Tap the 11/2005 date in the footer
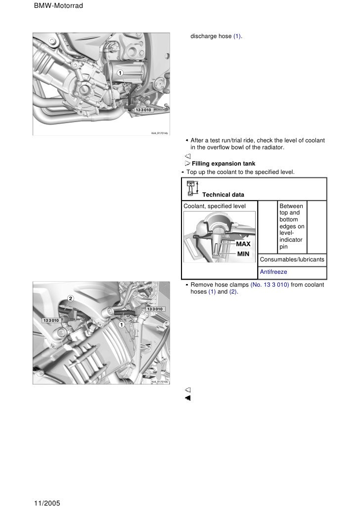click(47, 503)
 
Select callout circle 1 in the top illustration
click(120, 73)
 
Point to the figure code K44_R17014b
click(160, 133)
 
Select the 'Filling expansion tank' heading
click(221, 163)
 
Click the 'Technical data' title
click(223, 195)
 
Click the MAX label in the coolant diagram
click(243, 244)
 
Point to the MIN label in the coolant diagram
click(243, 254)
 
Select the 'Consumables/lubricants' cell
click(292, 259)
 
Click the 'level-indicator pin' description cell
click(292, 226)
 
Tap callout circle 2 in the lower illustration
click(70, 298)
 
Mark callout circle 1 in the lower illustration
click(120, 325)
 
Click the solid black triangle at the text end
click(188, 398)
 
